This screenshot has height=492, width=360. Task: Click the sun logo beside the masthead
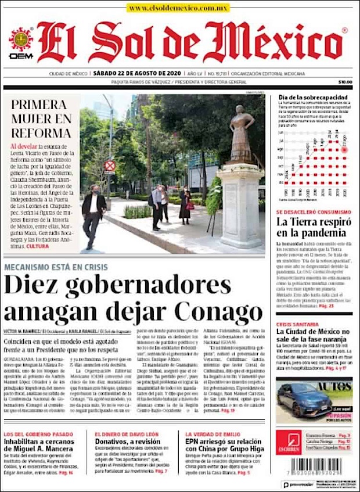[x=20, y=39]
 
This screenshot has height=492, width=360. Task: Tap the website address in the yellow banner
[x=178, y=8]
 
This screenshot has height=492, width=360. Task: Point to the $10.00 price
[x=345, y=82]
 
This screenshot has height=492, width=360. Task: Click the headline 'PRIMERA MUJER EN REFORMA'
[x=41, y=118]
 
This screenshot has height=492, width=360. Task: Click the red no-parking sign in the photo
[x=109, y=166]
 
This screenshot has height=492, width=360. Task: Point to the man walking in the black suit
[x=93, y=213]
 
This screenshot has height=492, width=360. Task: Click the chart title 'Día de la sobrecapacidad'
[x=309, y=96]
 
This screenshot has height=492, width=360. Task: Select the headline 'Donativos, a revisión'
[x=129, y=441]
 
